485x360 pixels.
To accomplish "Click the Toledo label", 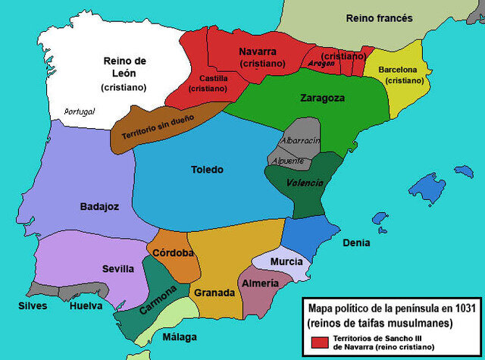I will (207, 170).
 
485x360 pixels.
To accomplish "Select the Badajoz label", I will (99, 206).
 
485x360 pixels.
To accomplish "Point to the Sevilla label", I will (118, 268).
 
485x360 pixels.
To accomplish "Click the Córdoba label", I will (173, 253).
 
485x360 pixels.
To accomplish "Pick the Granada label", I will (214, 293).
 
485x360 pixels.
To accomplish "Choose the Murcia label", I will (286, 261).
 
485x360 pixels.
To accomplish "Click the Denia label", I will (356, 243).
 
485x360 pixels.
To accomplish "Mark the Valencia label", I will (305, 183).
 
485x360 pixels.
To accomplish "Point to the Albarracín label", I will (300, 141).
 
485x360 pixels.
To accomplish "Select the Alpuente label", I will (291, 161).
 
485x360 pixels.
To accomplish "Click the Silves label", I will (33, 306).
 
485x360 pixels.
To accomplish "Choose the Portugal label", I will (80, 111).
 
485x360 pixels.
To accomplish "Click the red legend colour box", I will (318, 343).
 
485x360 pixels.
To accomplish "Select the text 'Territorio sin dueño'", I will (158, 129).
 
